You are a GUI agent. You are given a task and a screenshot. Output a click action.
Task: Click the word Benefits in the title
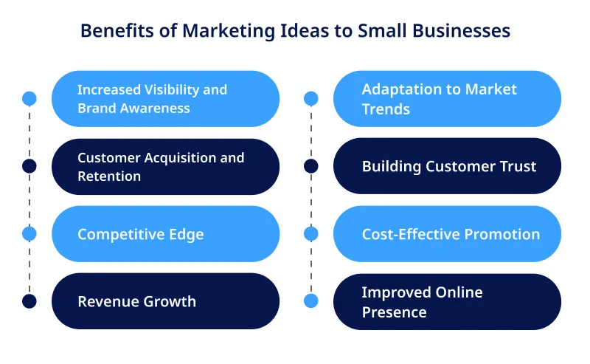113,31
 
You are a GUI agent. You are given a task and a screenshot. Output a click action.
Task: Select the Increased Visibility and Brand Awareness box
165,99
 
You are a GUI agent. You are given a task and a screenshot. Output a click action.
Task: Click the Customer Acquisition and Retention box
165,167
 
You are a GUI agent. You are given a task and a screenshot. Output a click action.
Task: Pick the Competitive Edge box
165,234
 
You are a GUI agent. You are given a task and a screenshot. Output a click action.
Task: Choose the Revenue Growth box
165,301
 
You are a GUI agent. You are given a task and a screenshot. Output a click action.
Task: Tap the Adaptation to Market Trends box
447,99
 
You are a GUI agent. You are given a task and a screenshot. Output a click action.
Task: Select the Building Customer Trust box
447,166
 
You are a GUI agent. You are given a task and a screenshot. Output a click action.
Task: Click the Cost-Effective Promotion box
447,234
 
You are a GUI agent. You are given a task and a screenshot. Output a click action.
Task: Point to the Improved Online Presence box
447,302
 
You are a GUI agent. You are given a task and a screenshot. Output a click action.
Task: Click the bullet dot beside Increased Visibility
29,98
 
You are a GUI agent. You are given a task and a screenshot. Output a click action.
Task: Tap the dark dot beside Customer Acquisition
29,166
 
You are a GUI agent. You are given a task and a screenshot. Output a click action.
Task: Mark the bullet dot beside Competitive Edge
29,233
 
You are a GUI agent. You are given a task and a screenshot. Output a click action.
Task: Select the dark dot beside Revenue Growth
29,301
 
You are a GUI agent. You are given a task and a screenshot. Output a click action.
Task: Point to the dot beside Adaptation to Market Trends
311,98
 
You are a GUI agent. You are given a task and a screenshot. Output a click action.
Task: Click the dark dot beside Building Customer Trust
311,166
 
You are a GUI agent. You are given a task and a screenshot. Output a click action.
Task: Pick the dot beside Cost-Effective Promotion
311,233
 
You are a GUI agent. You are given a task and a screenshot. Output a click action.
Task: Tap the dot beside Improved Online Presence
311,301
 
